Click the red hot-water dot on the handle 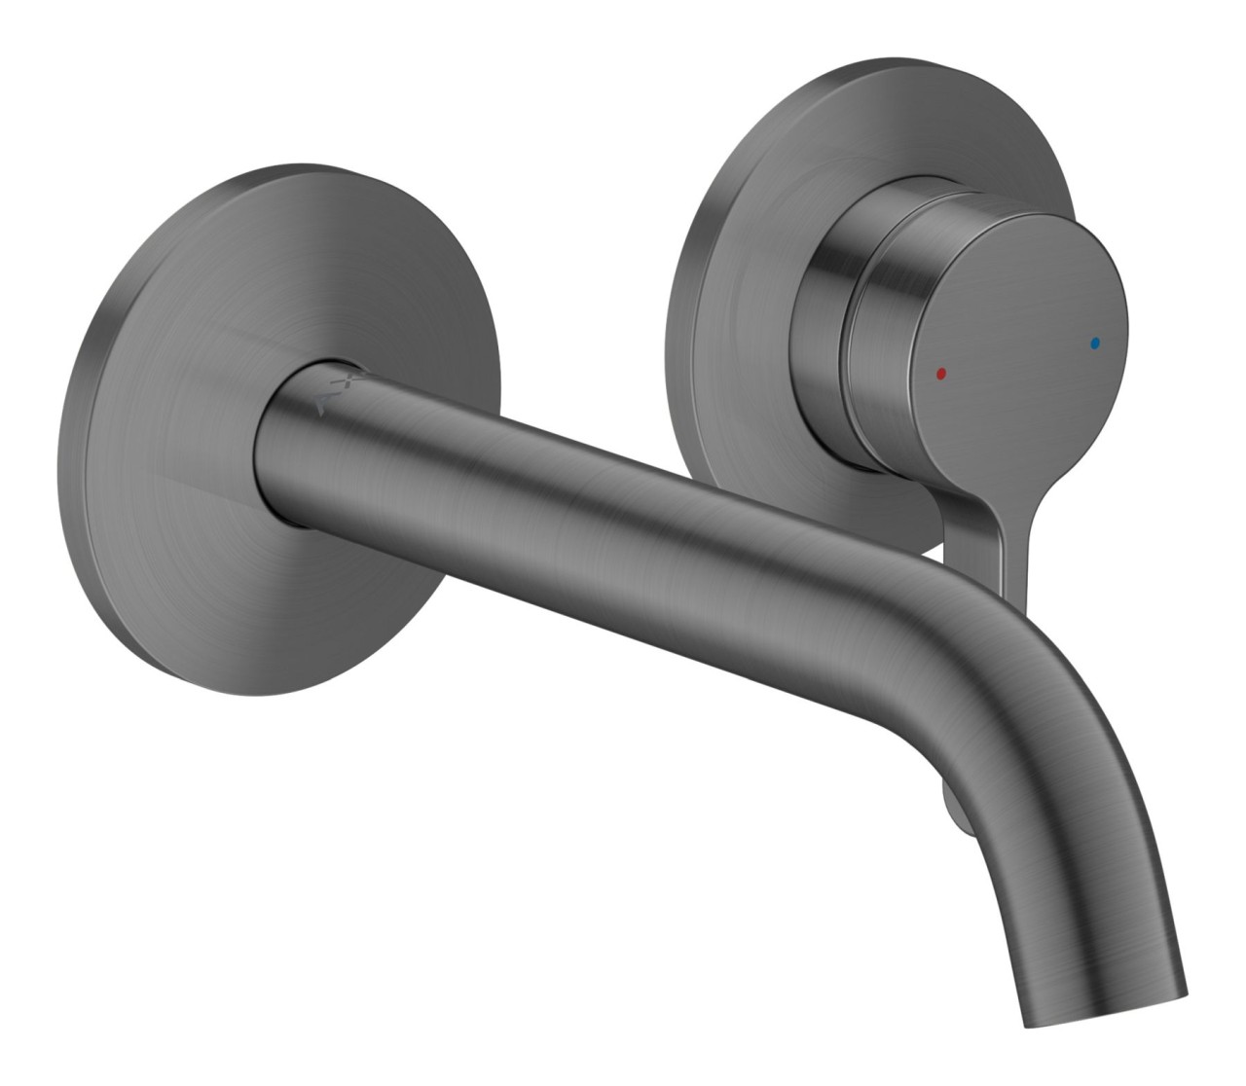938,372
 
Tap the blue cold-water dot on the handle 1096,343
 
